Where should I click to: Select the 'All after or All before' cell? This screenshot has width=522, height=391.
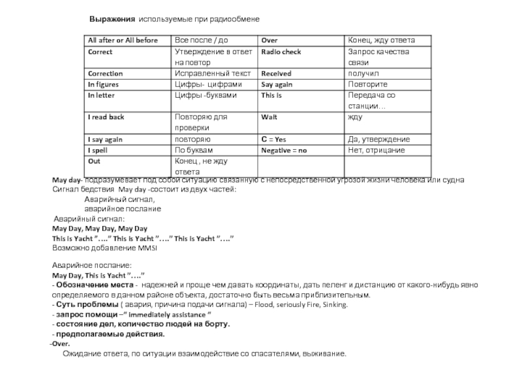123,40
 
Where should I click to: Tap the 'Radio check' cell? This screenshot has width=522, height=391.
281,51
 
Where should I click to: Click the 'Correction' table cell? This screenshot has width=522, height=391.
106,74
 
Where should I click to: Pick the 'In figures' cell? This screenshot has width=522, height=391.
104,85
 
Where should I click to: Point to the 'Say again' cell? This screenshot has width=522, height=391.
277,85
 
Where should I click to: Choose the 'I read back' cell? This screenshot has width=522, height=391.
106,117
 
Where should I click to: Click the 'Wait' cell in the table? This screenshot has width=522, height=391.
269,117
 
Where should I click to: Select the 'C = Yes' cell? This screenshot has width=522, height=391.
274,139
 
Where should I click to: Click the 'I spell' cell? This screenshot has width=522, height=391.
100,151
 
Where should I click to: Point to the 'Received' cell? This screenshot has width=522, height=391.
276,74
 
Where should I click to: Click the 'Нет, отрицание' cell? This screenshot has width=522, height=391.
377,151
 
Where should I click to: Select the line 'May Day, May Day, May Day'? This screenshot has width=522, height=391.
99,229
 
